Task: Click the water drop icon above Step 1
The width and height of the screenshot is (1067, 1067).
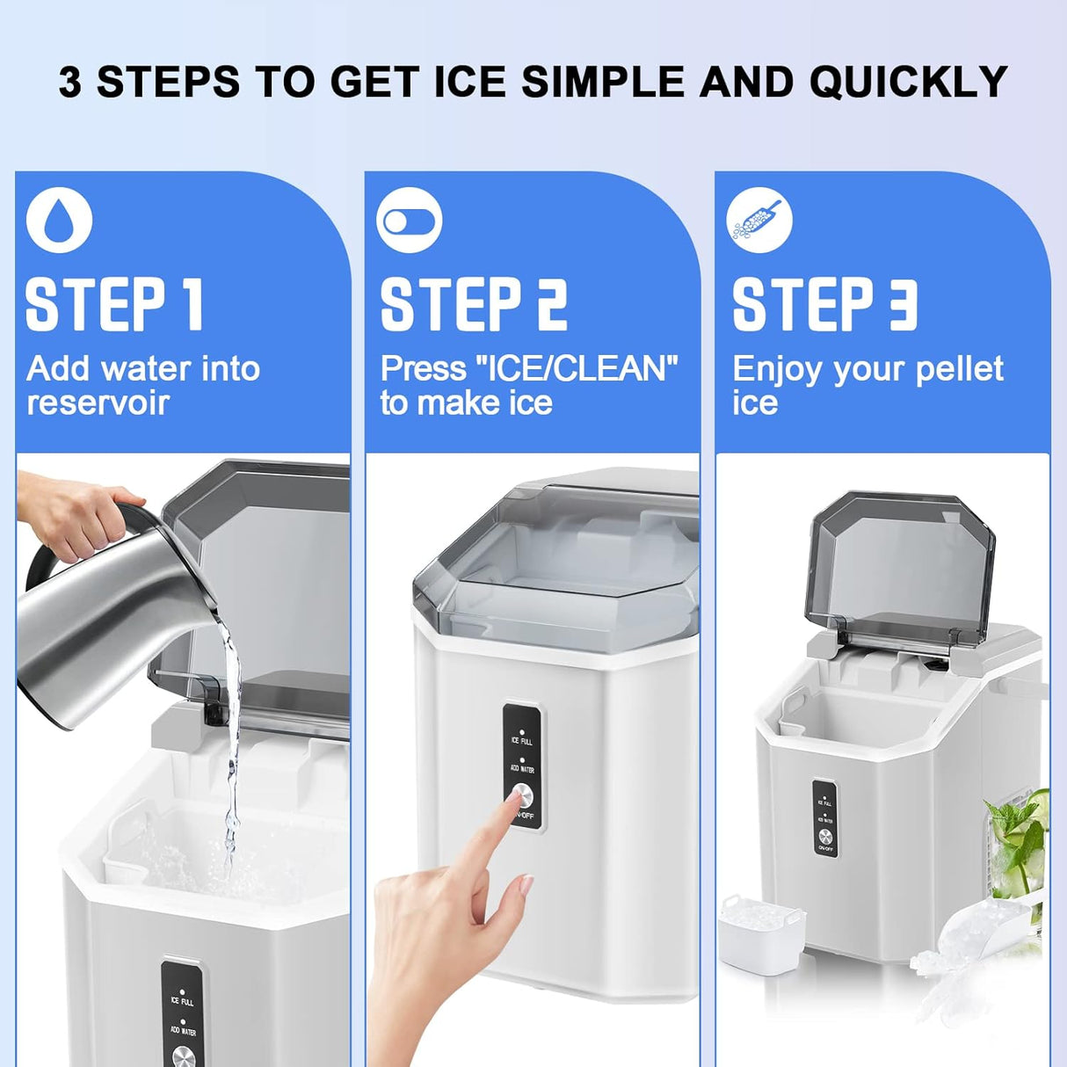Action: click(x=59, y=220)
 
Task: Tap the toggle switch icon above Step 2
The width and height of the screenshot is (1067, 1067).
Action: click(x=409, y=220)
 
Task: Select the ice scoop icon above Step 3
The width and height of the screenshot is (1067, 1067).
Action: click(x=759, y=220)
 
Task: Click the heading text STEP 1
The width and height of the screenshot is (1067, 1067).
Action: click(x=114, y=305)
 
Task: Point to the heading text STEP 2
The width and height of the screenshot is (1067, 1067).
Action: click(x=474, y=305)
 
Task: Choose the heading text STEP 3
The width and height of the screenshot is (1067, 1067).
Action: click(x=824, y=305)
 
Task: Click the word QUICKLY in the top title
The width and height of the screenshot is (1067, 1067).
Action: click(x=908, y=82)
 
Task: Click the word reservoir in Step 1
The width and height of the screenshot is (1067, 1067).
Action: click(x=98, y=403)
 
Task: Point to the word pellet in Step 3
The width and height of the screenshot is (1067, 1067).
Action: click(x=959, y=369)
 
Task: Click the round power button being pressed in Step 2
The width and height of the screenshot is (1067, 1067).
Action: click(x=523, y=795)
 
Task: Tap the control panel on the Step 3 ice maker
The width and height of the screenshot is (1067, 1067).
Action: click(x=824, y=818)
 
